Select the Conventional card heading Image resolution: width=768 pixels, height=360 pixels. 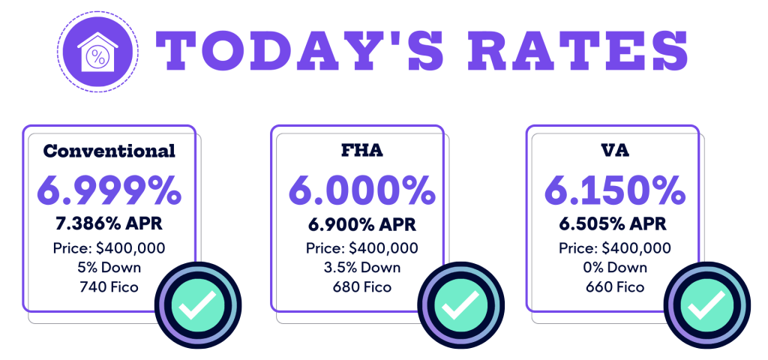(x=109, y=150)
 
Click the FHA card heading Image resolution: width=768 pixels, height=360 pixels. (x=361, y=150)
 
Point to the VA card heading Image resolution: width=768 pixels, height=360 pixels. (x=614, y=150)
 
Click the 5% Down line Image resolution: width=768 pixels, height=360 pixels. (x=109, y=267)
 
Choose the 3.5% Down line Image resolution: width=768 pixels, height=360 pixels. (x=361, y=267)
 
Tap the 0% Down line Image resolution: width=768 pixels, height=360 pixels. (x=614, y=267)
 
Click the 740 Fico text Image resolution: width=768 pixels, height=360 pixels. (x=109, y=286)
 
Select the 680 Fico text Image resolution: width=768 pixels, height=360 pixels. (x=361, y=286)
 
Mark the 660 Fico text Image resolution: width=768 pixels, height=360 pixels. (x=614, y=286)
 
